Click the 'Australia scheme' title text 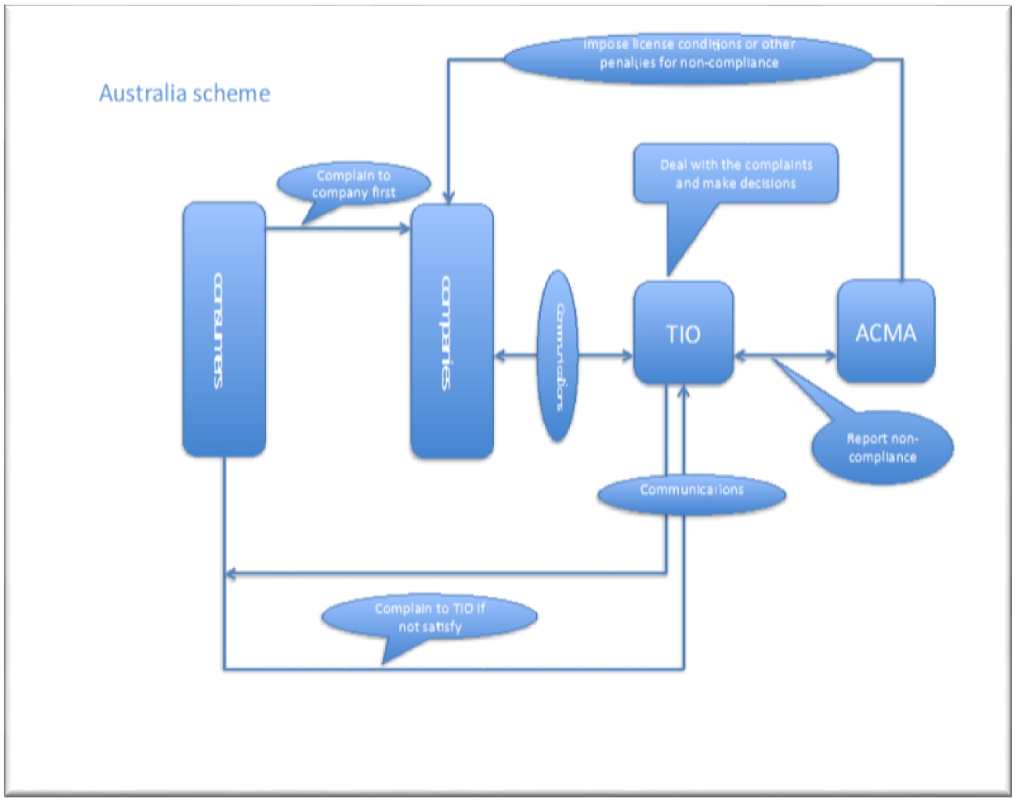(x=184, y=94)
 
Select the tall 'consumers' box (x=224, y=330)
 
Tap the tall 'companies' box (x=452, y=332)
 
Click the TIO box (x=683, y=333)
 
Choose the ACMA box (x=885, y=332)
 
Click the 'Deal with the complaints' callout (x=735, y=173)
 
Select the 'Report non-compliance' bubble (x=882, y=447)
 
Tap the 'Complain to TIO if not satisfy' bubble (x=430, y=617)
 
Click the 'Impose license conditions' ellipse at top (x=688, y=54)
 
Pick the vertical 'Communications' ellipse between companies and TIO (x=558, y=355)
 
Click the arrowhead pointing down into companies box (x=449, y=198)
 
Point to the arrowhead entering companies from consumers (x=405, y=228)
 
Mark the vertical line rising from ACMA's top (x=901, y=169)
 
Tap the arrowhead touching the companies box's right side (x=500, y=355)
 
